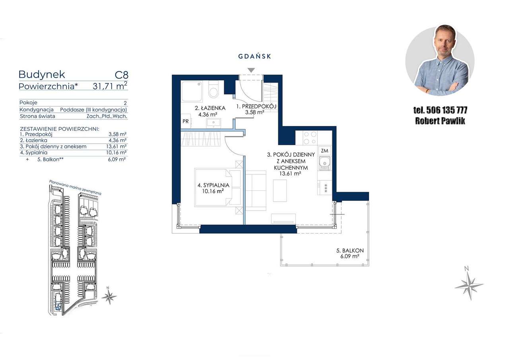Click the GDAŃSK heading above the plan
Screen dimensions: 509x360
[254, 56]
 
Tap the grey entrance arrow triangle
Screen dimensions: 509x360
[251, 70]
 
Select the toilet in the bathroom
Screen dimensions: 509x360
[213, 90]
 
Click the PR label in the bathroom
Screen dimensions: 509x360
[185, 121]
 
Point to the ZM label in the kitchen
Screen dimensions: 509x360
[324, 150]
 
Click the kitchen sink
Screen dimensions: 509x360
[324, 163]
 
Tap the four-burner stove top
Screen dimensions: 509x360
[310, 138]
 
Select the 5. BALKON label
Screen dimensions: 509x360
[350, 253]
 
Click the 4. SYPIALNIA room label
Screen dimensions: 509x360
[214, 188]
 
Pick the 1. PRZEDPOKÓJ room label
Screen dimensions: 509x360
[256, 109]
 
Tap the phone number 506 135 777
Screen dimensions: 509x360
[447, 110]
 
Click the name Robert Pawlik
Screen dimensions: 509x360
[440, 121]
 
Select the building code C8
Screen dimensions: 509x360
[122, 75]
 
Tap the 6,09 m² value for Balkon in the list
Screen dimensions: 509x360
[117, 160]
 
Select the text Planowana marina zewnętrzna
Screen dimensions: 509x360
[75, 188]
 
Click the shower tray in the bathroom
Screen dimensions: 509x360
[192, 91]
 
